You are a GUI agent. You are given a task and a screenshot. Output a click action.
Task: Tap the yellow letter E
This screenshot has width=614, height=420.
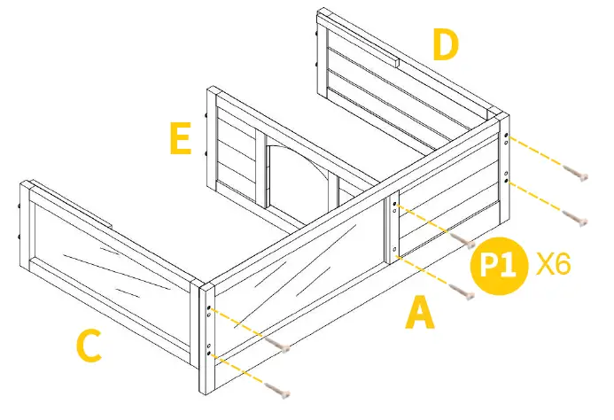(181, 139)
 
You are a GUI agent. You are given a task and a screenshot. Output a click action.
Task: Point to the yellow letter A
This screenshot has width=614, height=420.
(420, 313)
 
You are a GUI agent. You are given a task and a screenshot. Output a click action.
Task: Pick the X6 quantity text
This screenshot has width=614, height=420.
(553, 263)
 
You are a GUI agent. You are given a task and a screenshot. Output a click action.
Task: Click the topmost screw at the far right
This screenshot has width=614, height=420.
(578, 175)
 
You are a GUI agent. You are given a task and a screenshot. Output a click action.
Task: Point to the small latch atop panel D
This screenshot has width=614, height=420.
(397, 64)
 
